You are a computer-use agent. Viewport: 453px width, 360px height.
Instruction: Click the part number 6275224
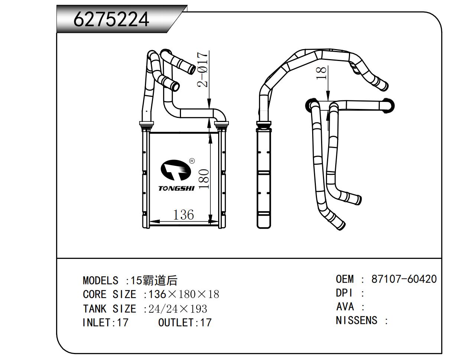[111, 19]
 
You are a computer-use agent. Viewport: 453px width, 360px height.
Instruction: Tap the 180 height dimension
[204, 179]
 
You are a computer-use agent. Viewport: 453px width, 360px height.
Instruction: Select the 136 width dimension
[184, 215]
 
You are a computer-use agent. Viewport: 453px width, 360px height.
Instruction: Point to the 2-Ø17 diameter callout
[203, 69]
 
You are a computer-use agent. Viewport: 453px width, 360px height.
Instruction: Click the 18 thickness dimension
[322, 73]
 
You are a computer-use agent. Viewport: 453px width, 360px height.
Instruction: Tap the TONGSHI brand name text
[177, 189]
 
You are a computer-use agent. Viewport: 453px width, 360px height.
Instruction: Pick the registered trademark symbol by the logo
[192, 161]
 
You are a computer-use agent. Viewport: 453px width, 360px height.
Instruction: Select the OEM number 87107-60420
[404, 279]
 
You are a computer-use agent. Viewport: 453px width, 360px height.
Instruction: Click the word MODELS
[100, 280]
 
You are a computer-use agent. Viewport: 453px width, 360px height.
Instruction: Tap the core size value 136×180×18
[184, 295]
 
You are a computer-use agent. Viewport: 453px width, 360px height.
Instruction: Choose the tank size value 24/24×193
[178, 309]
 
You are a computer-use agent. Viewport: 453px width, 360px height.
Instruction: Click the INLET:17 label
[105, 322]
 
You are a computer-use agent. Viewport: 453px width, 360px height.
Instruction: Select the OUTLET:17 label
[185, 322]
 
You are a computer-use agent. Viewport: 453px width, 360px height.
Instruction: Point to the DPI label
[344, 293]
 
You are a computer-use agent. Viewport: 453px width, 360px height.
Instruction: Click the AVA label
[344, 307]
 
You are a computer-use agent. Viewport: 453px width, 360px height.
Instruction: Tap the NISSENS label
[356, 320]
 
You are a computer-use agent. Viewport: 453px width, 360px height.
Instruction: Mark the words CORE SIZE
[109, 295]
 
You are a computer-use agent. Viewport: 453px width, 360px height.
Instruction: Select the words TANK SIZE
[109, 309]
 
